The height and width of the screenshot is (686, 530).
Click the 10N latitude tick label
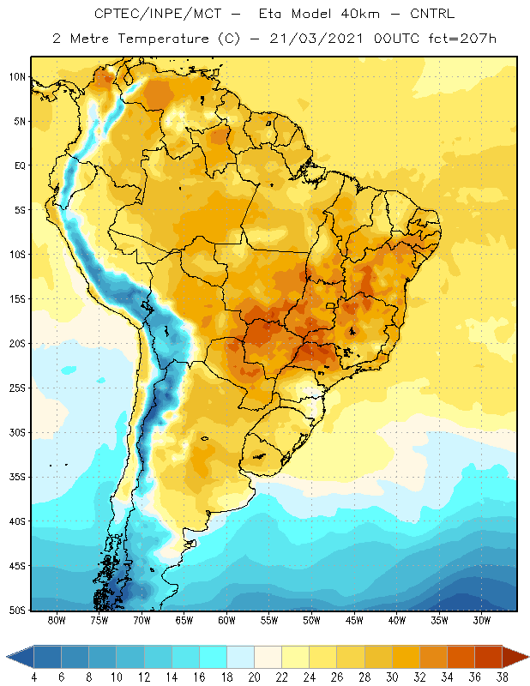pyautogui.click(x=17, y=77)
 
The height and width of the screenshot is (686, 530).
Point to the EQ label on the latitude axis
pyautogui.click(x=20, y=165)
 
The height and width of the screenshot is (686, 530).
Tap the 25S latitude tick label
pyautogui.click(x=17, y=388)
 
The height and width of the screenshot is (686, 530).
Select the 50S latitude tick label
pyautogui.click(x=17, y=610)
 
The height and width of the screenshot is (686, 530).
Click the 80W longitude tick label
pyautogui.click(x=57, y=620)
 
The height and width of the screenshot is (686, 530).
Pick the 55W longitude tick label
pyautogui.click(x=269, y=620)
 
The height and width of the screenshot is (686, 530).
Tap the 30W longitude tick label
pyautogui.click(x=482, y=620)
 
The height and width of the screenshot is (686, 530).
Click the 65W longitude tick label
pyautogui.click(x=184, y=620)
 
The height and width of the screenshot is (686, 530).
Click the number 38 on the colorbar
pyautogui.click(x=502, y=677)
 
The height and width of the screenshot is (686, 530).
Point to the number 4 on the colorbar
pyautogui.click(x=34, y=677)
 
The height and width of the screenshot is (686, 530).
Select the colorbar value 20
pyautogui.click(x=254, y=677)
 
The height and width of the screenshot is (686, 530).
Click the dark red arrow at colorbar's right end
pyautogui.click(x=515, y=657)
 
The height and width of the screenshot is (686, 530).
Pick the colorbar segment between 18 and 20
pyautogui.click(x=241, y=657)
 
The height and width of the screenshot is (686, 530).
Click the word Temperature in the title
pyautogui.click(x=163, y=39)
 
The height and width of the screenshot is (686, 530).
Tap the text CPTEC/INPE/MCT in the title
pyautogui.click(x=158, y=14)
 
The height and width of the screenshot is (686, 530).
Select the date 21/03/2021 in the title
pyautogui.click(x=316, y=39)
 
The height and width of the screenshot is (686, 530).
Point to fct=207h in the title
pyautogui.click(x=462, y=39)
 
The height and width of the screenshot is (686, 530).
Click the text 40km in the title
pyautogui.click(x=359, y=14)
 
